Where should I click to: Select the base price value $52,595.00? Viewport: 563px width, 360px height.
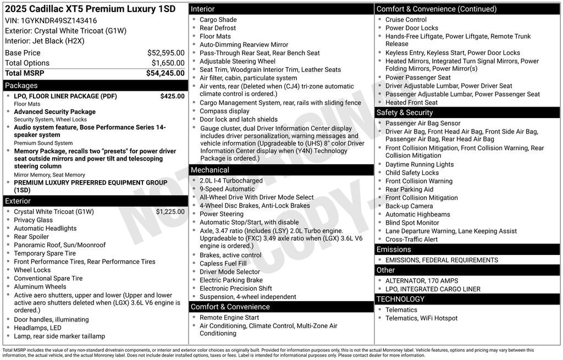[x=165, y=53]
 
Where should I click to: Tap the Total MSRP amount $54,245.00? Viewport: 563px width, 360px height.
[x=165, y=73]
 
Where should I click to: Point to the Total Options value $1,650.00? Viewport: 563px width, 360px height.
[x=168, y=63]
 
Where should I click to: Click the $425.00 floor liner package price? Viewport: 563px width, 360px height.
[x=172, y=96]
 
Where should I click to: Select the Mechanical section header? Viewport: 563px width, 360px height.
[x=210, y=170]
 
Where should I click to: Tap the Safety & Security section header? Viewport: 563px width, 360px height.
[x=405, y=113]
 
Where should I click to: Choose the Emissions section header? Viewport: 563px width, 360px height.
[x=394, y=250]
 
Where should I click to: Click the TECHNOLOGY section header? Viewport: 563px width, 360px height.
[x=400, y=299]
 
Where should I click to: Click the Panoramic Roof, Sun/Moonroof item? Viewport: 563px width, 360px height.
[x=59, y=245]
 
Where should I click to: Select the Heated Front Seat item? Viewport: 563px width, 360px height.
[x=411, y=103]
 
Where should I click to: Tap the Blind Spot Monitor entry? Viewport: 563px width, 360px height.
[x=412, y=223]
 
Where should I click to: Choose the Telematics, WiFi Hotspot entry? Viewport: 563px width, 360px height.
[x=421, y=318]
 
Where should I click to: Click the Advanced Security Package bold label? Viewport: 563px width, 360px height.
[x=54, y=112]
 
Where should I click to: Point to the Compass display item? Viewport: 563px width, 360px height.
[x=224, y=111]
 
